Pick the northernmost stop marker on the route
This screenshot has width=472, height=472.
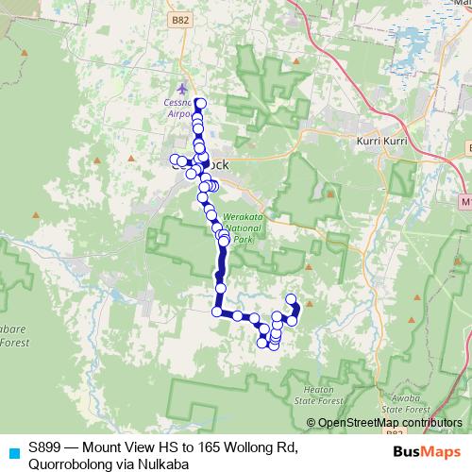coord(200,103)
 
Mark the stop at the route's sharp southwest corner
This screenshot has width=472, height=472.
coord(217,311)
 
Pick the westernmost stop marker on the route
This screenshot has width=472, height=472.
coord(174,160)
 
